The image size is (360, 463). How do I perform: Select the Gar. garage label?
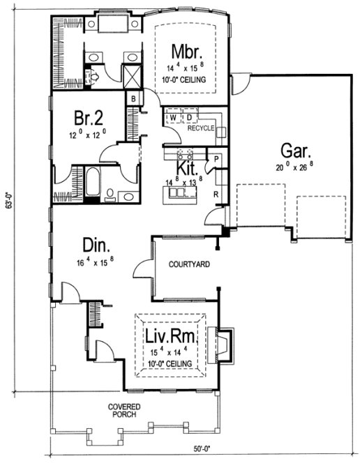295,151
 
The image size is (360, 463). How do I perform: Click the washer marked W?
172,117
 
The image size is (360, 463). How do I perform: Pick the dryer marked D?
188,117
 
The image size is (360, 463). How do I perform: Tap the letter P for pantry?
216,159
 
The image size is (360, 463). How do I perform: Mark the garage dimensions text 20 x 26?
295,167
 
